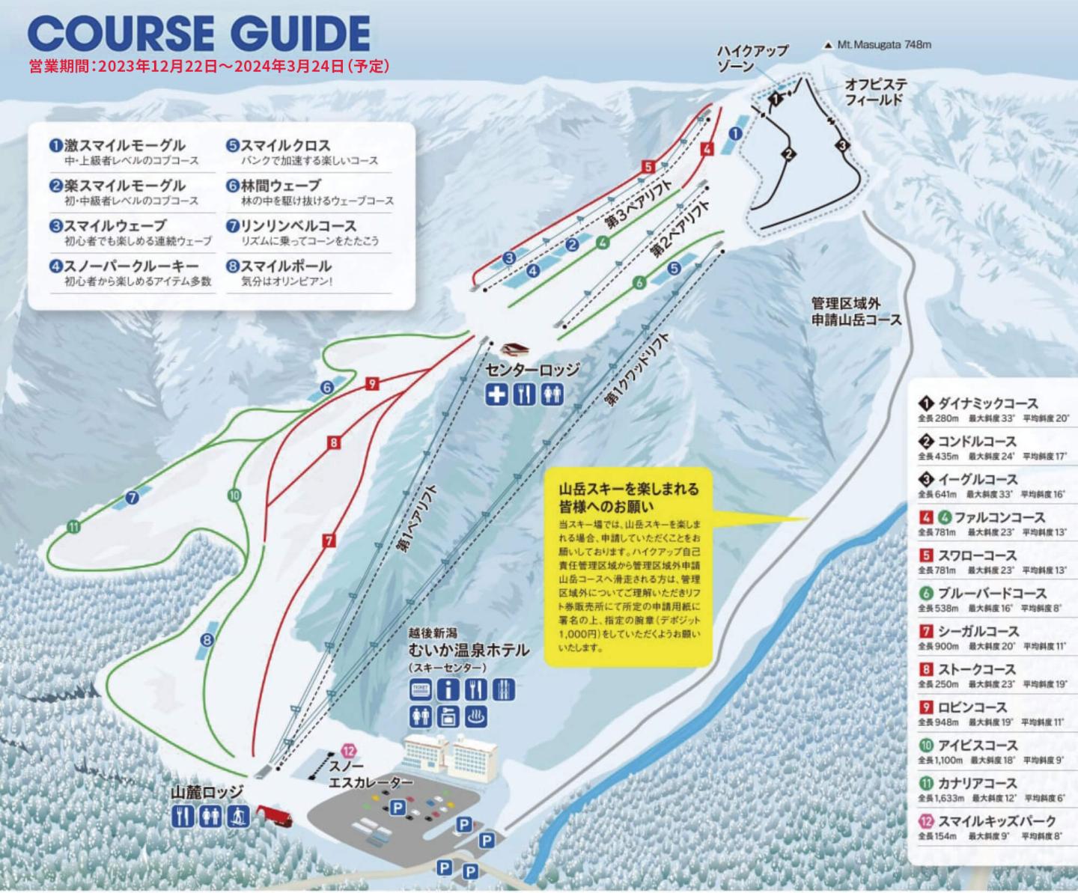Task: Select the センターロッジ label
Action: tap(532, 370)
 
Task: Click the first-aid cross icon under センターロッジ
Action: tap(496, 394)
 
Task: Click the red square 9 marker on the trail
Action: tap(371, 384)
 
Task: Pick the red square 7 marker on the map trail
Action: tap(329, 540)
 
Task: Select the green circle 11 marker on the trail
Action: tap(73, 527)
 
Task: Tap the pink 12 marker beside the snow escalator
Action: tap(348, 750)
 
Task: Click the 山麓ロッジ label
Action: tap(207, 791)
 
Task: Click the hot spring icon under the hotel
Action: tap(476, 716)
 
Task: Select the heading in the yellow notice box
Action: tap(628, 498)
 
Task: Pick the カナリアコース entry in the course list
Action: tap(976, 783)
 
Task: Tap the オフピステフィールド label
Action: tap(876, 91)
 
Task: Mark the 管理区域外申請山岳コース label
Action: tap(856, 311)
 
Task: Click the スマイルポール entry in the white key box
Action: tap(284, 266)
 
